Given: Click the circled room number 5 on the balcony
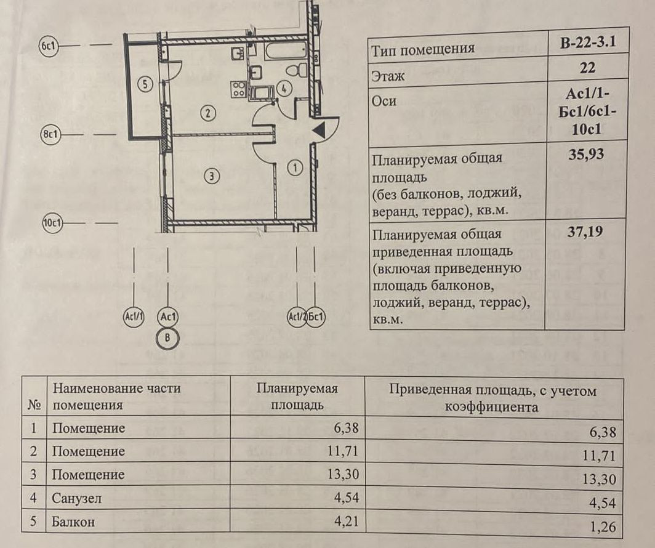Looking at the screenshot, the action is point(145,84).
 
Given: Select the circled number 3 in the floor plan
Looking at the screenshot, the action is point(211,177).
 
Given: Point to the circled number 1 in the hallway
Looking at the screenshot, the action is point(295,167).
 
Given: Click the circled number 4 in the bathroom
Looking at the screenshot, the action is point(283,88).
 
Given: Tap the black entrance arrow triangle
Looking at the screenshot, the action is point(319,130).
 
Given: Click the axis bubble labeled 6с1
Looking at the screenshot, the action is point(48,46).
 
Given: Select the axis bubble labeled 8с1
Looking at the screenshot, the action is point(49,135).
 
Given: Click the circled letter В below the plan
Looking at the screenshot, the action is point(167,337).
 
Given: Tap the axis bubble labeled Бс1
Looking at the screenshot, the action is point(316,318).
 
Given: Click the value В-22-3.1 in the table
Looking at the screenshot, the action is point(587,44).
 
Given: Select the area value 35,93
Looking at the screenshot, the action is point(587,153).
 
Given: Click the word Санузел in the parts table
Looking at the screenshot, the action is point(76,499).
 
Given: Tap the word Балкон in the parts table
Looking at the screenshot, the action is point(73,522).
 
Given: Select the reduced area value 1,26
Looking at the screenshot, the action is point(603,527).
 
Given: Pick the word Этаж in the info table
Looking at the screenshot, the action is point(388,77).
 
